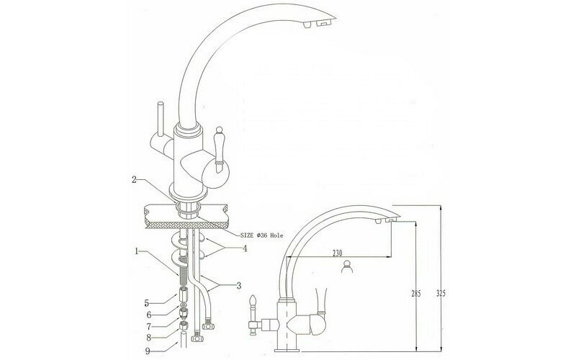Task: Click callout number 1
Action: pyautogui.click(x=137, y=251)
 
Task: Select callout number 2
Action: pyautogui.click(x=135, y=179)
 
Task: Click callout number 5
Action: pyautogui.click(x=147, y=302)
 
